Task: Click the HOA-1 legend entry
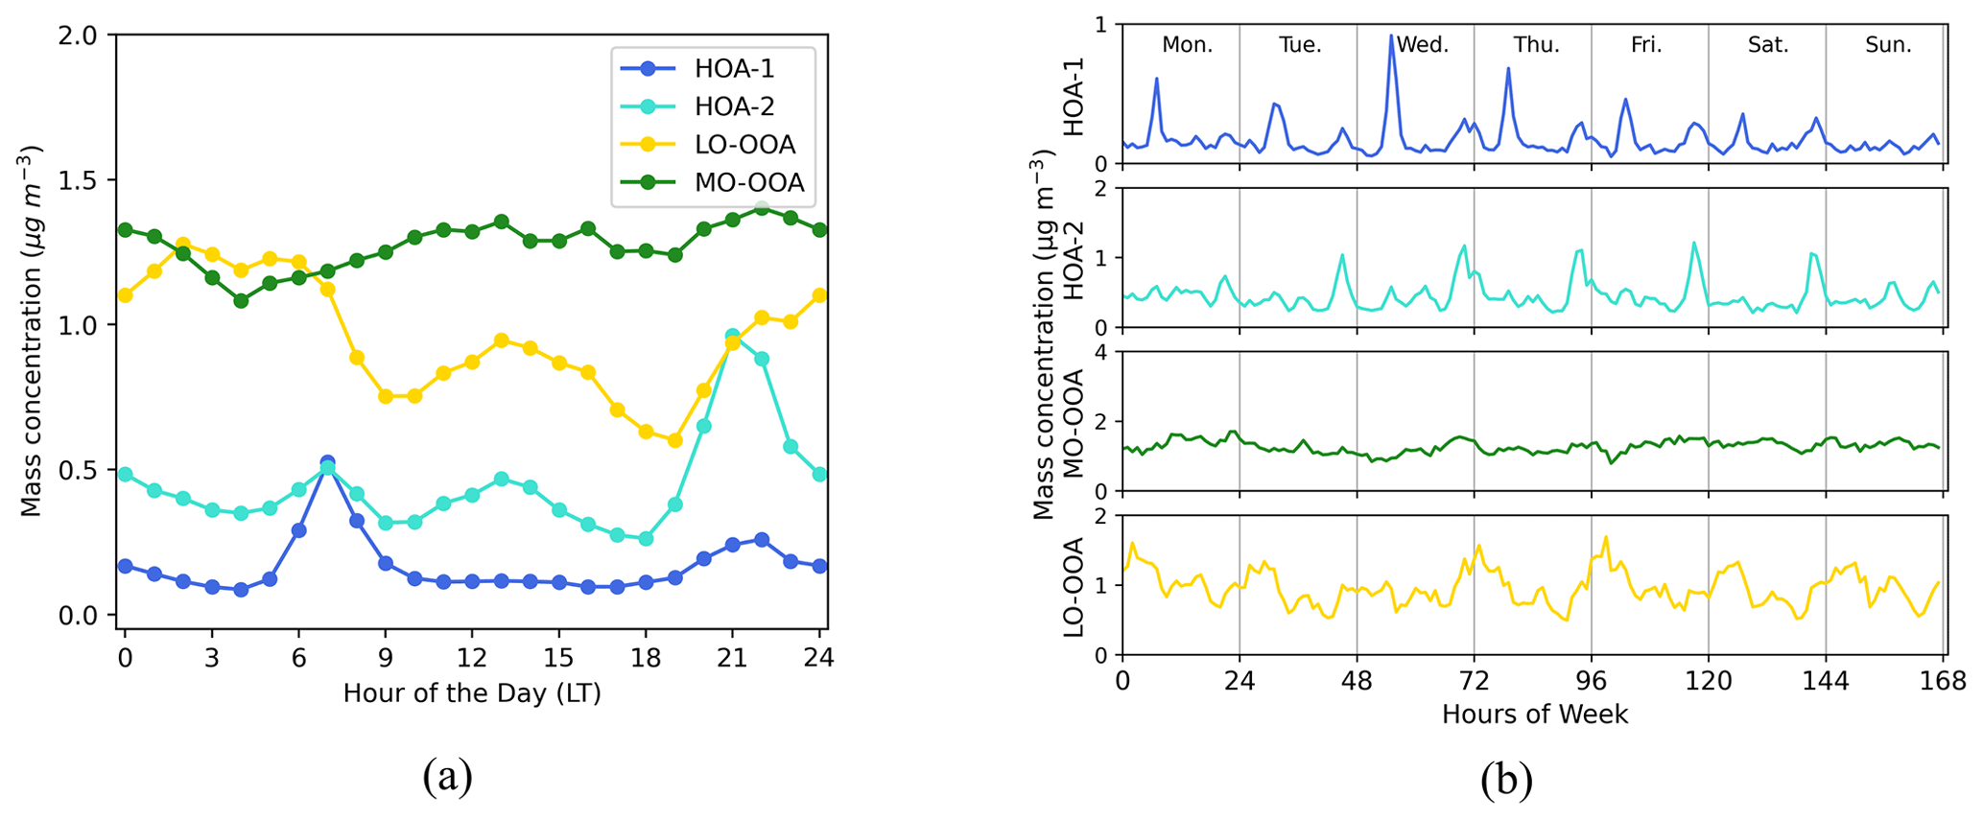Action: click(x=734, y=68)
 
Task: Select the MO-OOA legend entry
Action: click(x=749, y=182)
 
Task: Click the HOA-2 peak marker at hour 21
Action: click(x=732, y=337)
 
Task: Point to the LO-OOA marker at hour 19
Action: click(x=674, y=440)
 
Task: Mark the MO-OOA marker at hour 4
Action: click(x=241, y=300)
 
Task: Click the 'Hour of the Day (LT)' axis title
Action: click(x=472, y=693)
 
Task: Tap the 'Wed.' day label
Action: click(x=1423, y=45)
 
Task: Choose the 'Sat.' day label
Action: click(x=1768, y=45)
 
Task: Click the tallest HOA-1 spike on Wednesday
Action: click(x=1391, y=36)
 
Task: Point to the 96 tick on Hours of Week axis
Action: click(x=1592, y=682)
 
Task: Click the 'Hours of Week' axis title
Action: click(x=1534, y=715)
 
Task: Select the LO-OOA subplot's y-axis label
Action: click(x=1074, y=586)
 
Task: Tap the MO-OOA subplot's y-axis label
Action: click(x=1074, y=422)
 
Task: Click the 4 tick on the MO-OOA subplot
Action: click(x=1102, y=352)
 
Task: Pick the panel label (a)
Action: click(x=447, y=777)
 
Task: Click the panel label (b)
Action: click(x=1506, y=781)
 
